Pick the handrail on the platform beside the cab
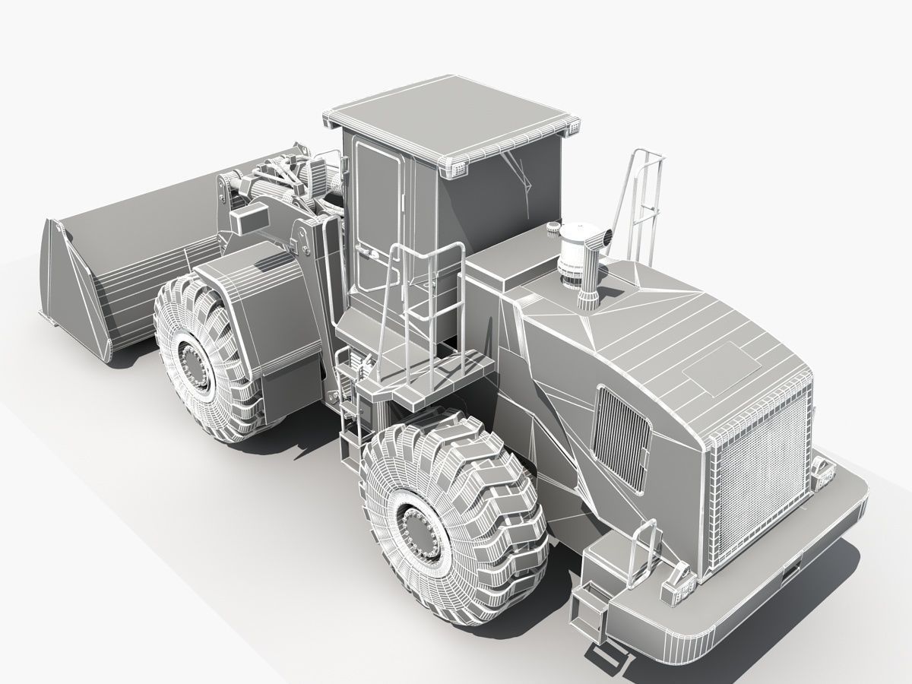point(426,304)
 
